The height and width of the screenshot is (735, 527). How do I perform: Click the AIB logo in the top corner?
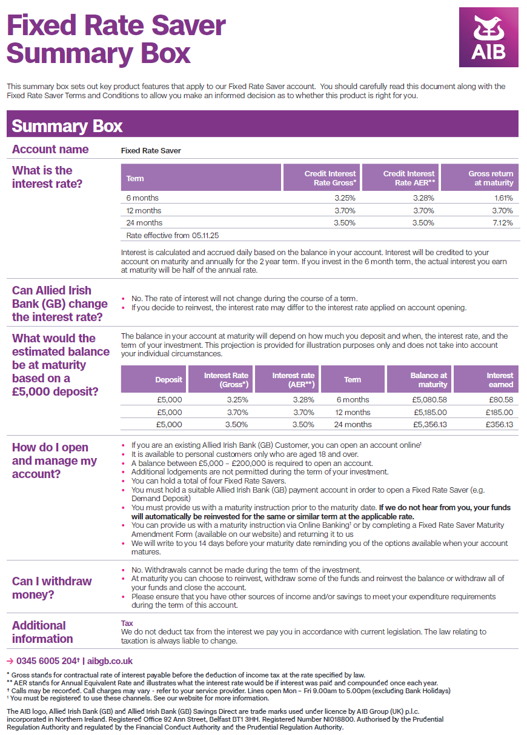pyautogui.click(x=488, y=37)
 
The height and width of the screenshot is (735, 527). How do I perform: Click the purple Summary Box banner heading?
pyautogui.click(x=67, y=126)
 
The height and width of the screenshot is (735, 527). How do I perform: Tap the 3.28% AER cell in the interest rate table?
pyautogui.click(x=423, y=198)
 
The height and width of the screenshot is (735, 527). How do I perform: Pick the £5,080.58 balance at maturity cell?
pyautogui.click(x=429, y=400)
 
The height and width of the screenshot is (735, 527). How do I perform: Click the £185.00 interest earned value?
pyautogui.click(x=500, y=412)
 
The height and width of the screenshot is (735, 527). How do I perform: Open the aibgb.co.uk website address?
pyautogui.click(x=110, y=661)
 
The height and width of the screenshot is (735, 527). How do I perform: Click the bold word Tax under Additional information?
pyautogui.click(x=127, y=623)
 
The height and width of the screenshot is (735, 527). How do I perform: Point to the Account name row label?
pyautogui.click(x=50, y=150)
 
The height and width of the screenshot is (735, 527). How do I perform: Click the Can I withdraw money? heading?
pyautogui.click(x=52, y=588)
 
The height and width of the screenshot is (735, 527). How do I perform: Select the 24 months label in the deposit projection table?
pyautogui.click(x=353, y=425)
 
